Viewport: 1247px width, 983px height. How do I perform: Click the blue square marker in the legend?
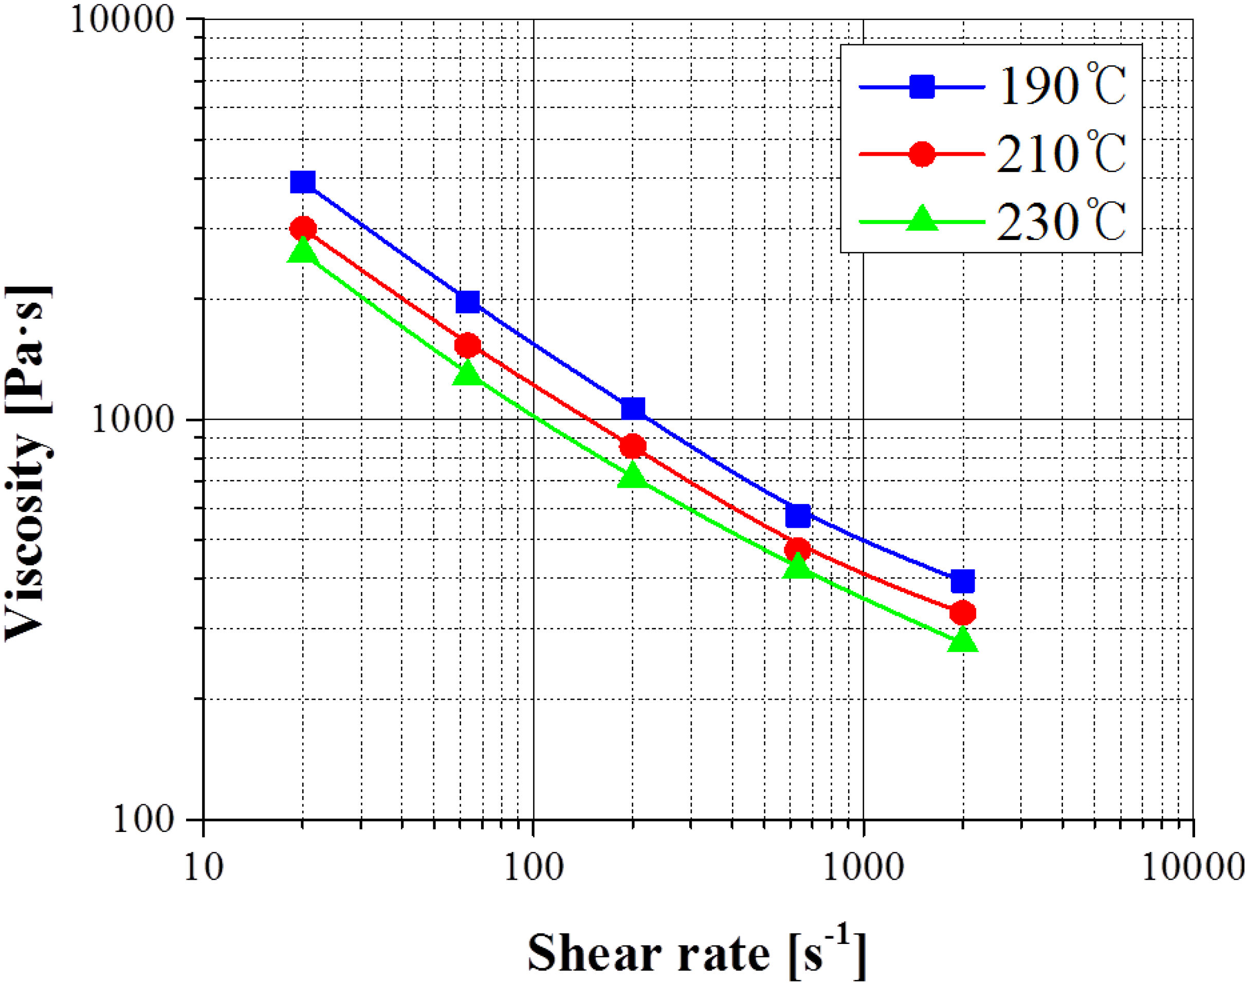(922, 87)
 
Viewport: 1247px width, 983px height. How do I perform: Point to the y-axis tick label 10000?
(122, 21)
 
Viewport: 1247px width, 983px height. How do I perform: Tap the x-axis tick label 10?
(203, 867)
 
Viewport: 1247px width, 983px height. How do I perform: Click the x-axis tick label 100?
(533, 867)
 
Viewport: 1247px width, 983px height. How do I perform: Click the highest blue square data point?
(303, 182)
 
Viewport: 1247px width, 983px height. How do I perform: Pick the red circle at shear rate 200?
(633, 446)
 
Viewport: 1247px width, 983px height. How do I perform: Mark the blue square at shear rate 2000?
(963, 581)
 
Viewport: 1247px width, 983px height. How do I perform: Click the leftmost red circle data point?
(303, 229)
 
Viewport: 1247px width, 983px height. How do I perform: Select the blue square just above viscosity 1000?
(633, 409)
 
